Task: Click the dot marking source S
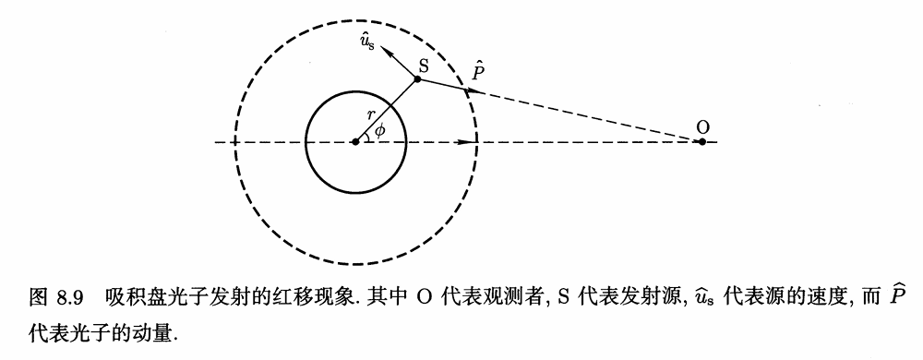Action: (418, 78)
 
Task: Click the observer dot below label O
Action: (701, 142)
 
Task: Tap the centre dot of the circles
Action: (355, 142)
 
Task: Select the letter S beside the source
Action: (423, 65)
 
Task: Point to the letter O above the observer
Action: (702, 126)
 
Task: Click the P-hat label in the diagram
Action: (478, 69)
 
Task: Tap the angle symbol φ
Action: (380, 130)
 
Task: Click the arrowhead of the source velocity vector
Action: (390, 51)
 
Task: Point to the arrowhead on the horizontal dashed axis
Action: (467, 142)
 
